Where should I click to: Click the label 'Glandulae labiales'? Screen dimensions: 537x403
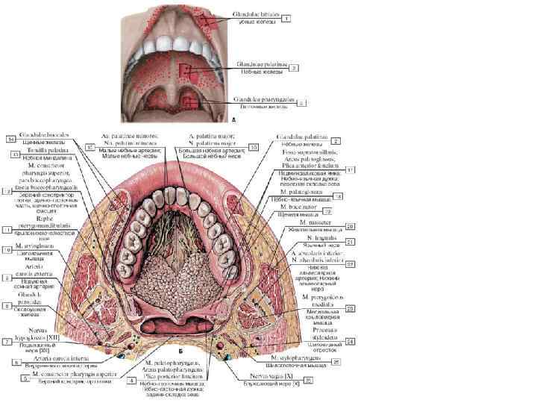pos(258,14)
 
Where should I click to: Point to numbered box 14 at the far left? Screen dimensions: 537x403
pos(10,139)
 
